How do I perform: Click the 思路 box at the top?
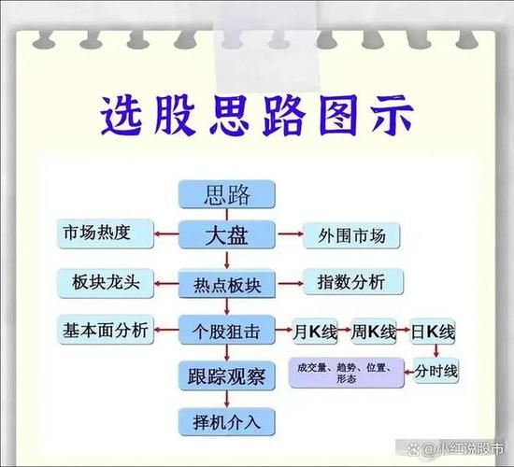click(227, 195)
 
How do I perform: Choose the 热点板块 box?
click(227, 283)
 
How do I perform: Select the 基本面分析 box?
click(105, 330)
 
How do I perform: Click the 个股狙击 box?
click(227, 332)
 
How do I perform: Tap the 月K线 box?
click(309, 331)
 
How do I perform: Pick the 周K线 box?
click(372, 331)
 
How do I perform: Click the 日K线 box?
click(435, 331)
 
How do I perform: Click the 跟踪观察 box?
click(227, 376)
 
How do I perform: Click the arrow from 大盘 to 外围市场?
click(287, 233)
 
